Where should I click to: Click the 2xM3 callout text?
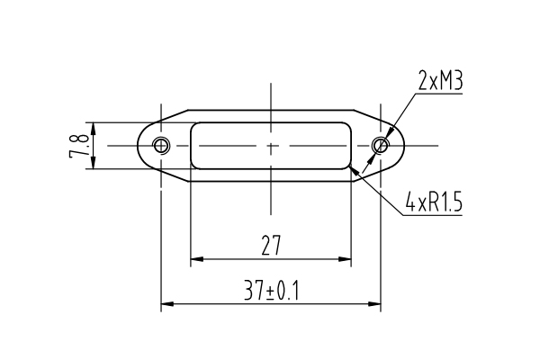point(440,80)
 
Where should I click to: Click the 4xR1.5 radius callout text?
point(434,202)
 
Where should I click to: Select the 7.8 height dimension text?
point(80,146)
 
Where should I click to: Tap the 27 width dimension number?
point(271,246)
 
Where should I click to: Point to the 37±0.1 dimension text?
point(272,291)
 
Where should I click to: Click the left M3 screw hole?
point(161,146)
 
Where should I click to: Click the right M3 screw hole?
point(381,146)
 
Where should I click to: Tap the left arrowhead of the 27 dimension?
point(197,259)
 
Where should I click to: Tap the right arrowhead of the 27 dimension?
point(345,259)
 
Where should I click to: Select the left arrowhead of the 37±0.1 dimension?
point(167,304)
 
